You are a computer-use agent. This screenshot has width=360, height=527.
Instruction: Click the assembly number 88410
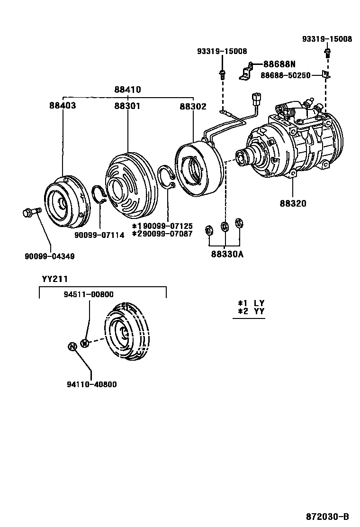coord(127,90)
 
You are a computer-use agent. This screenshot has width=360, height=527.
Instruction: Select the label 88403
coord(62,106)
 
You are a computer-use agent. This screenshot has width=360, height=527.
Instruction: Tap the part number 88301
coord(127,106)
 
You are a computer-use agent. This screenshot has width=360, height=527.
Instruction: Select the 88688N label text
coord(279,64)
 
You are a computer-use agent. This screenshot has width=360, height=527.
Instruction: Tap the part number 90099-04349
coord(50,256)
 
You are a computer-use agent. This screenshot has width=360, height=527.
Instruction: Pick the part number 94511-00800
coord(89,294)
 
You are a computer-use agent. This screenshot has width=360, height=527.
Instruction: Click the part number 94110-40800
coord(92,384)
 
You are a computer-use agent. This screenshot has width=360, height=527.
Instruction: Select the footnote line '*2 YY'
coord(251,311)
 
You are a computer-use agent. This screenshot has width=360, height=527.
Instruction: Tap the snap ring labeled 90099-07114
coord(99,194)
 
